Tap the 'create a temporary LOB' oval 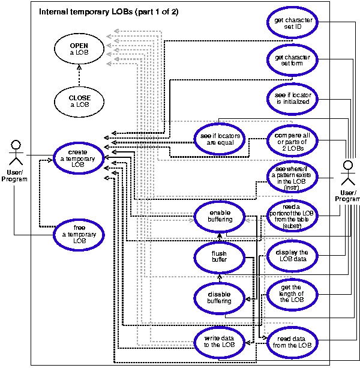[x=77, y=157]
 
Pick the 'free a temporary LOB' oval [x=77, y=234]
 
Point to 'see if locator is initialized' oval [x=292, y=98]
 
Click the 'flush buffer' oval [x=219, y=257]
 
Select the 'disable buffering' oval [x=220, y=297]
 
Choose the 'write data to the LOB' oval [x=219, y=341]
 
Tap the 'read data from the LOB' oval [x=292, y=342]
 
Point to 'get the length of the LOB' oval [x=292, y=294]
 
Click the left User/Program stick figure [x=16, y=157]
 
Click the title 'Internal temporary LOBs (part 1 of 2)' [x=108, y=11]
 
